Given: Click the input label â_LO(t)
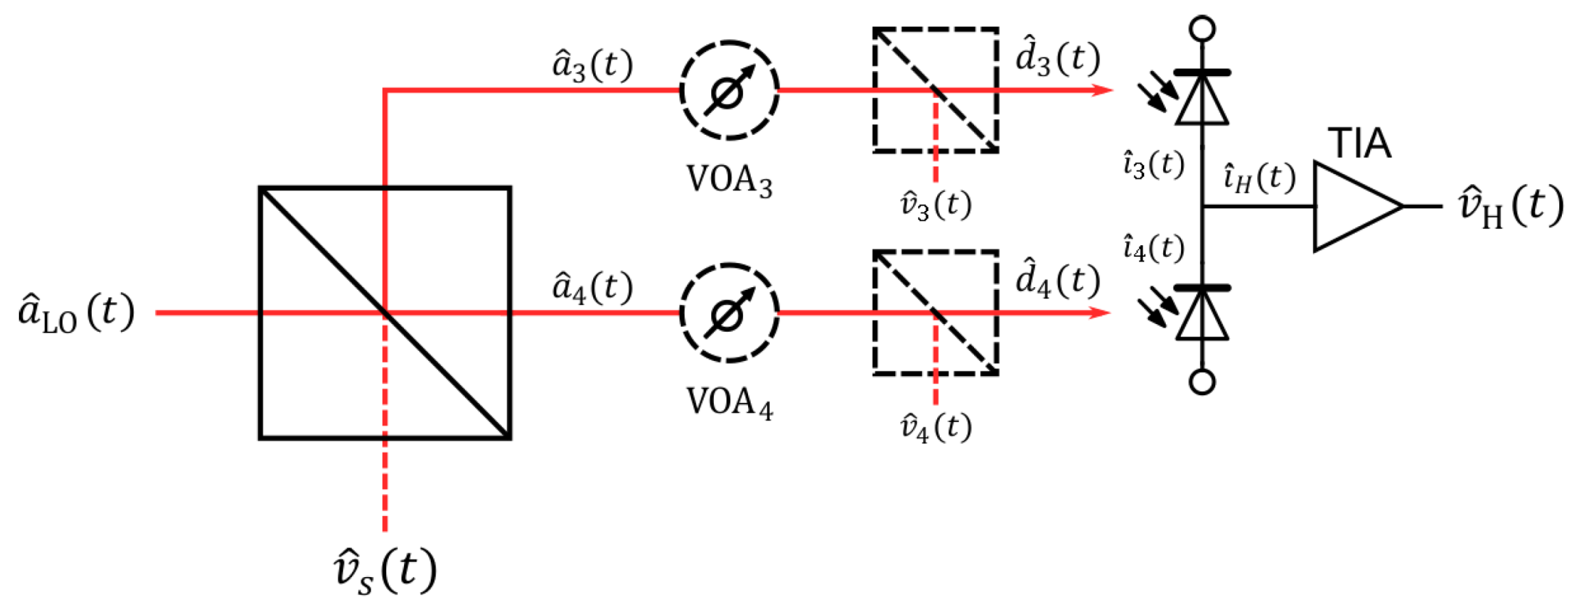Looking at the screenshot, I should [x=76, y=313].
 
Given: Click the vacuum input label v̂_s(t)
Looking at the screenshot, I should [x=385, y=571].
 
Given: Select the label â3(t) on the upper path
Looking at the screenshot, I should [x=592, y=66].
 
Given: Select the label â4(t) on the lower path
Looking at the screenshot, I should [x=592, y=288].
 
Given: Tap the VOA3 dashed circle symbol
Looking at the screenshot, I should [x=729, y=91].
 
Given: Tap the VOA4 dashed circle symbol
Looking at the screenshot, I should [x=729, y=313].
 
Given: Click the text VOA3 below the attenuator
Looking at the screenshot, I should [x=729, y=179].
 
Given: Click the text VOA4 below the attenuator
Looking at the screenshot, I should [x=729, y=402].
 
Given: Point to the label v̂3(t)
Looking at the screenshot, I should [x=935, y=205].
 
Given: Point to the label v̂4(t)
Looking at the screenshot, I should [x=935, y=428].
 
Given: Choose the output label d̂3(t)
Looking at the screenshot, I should [x=1057, y=59].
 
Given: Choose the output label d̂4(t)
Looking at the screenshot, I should [x=1057, y=281].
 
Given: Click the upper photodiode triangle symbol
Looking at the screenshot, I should [x=1202, y=100].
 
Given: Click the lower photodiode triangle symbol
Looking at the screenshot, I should [x=1202, y=315].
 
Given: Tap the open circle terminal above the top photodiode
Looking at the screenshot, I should [x=1202, y=29].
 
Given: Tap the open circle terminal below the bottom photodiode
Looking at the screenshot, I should [x=1202, y=382].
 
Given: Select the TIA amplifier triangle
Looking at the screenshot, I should [x=1350, y=206].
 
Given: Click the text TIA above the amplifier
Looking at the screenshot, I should [x=1359, y=143].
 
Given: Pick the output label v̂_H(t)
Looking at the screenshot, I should [x=1510, y=206].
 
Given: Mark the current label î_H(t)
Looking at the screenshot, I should [x=1258, y=179].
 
